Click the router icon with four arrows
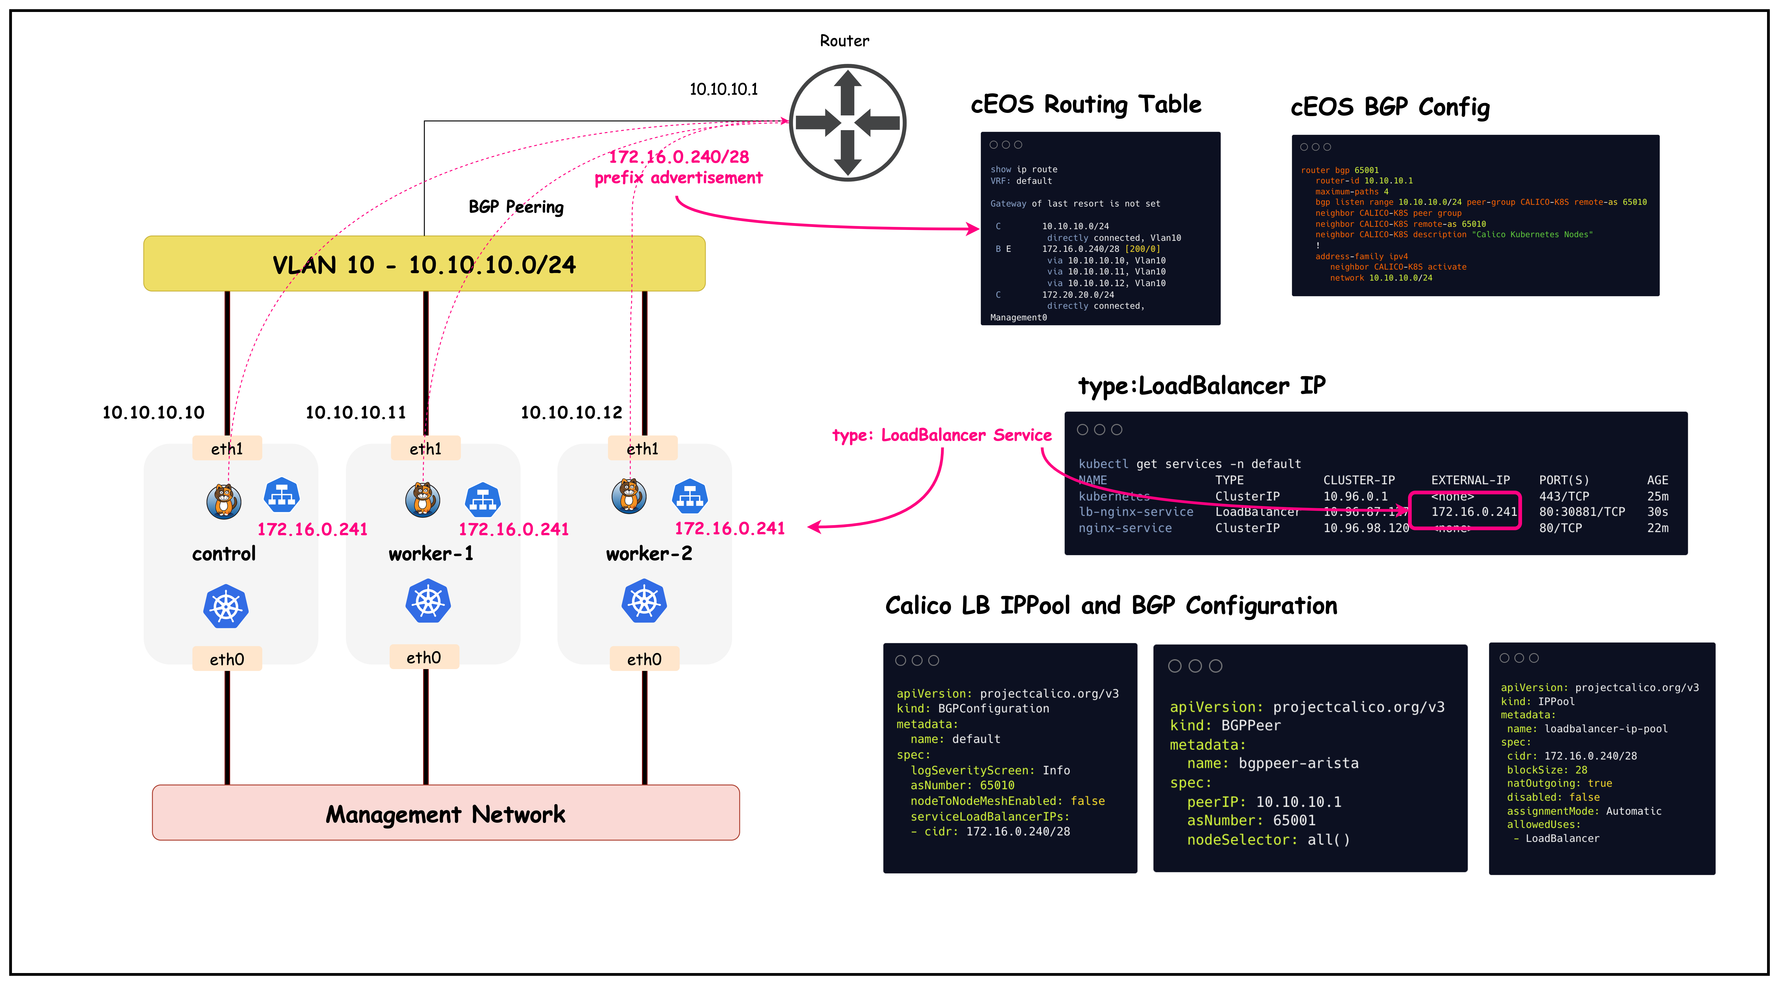click(x=847, y=123)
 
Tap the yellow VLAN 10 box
click(x=424, y=264)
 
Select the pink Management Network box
click(x=445, y=813)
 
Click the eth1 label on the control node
click(x=227, y=449)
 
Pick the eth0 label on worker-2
click(x=644, y=660)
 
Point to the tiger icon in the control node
click(x=224, y=500)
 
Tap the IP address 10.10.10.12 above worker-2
click(x=571, y=412)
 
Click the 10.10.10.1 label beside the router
click(x=723, y=89)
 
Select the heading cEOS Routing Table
click(x=1086, y=104)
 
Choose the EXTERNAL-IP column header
click(x=1470, y=480)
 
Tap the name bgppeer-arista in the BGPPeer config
click(x=1298, y=763)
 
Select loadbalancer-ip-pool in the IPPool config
click(x=1606, y=729)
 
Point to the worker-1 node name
click(x=431, y=554)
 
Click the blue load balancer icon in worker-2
click(x=690, y=497)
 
